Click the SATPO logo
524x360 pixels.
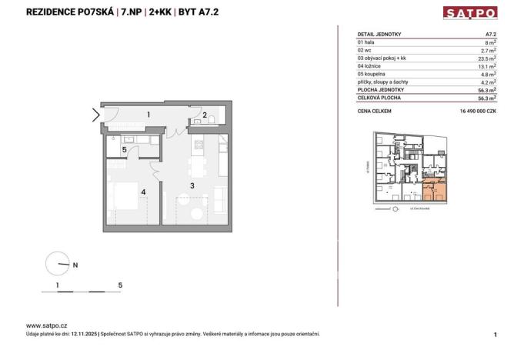click(469, 12)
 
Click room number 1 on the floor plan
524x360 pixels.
click(149, 115)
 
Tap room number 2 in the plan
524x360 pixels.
click(204, 117)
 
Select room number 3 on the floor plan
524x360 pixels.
click(191, 185)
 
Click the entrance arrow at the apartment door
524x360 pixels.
click(95, 116)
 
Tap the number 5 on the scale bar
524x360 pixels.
click(121, 285)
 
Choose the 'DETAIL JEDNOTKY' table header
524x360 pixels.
click(379, 35)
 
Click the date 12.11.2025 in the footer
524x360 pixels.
click(84, 334)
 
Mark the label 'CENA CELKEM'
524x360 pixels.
click(375, 111)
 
